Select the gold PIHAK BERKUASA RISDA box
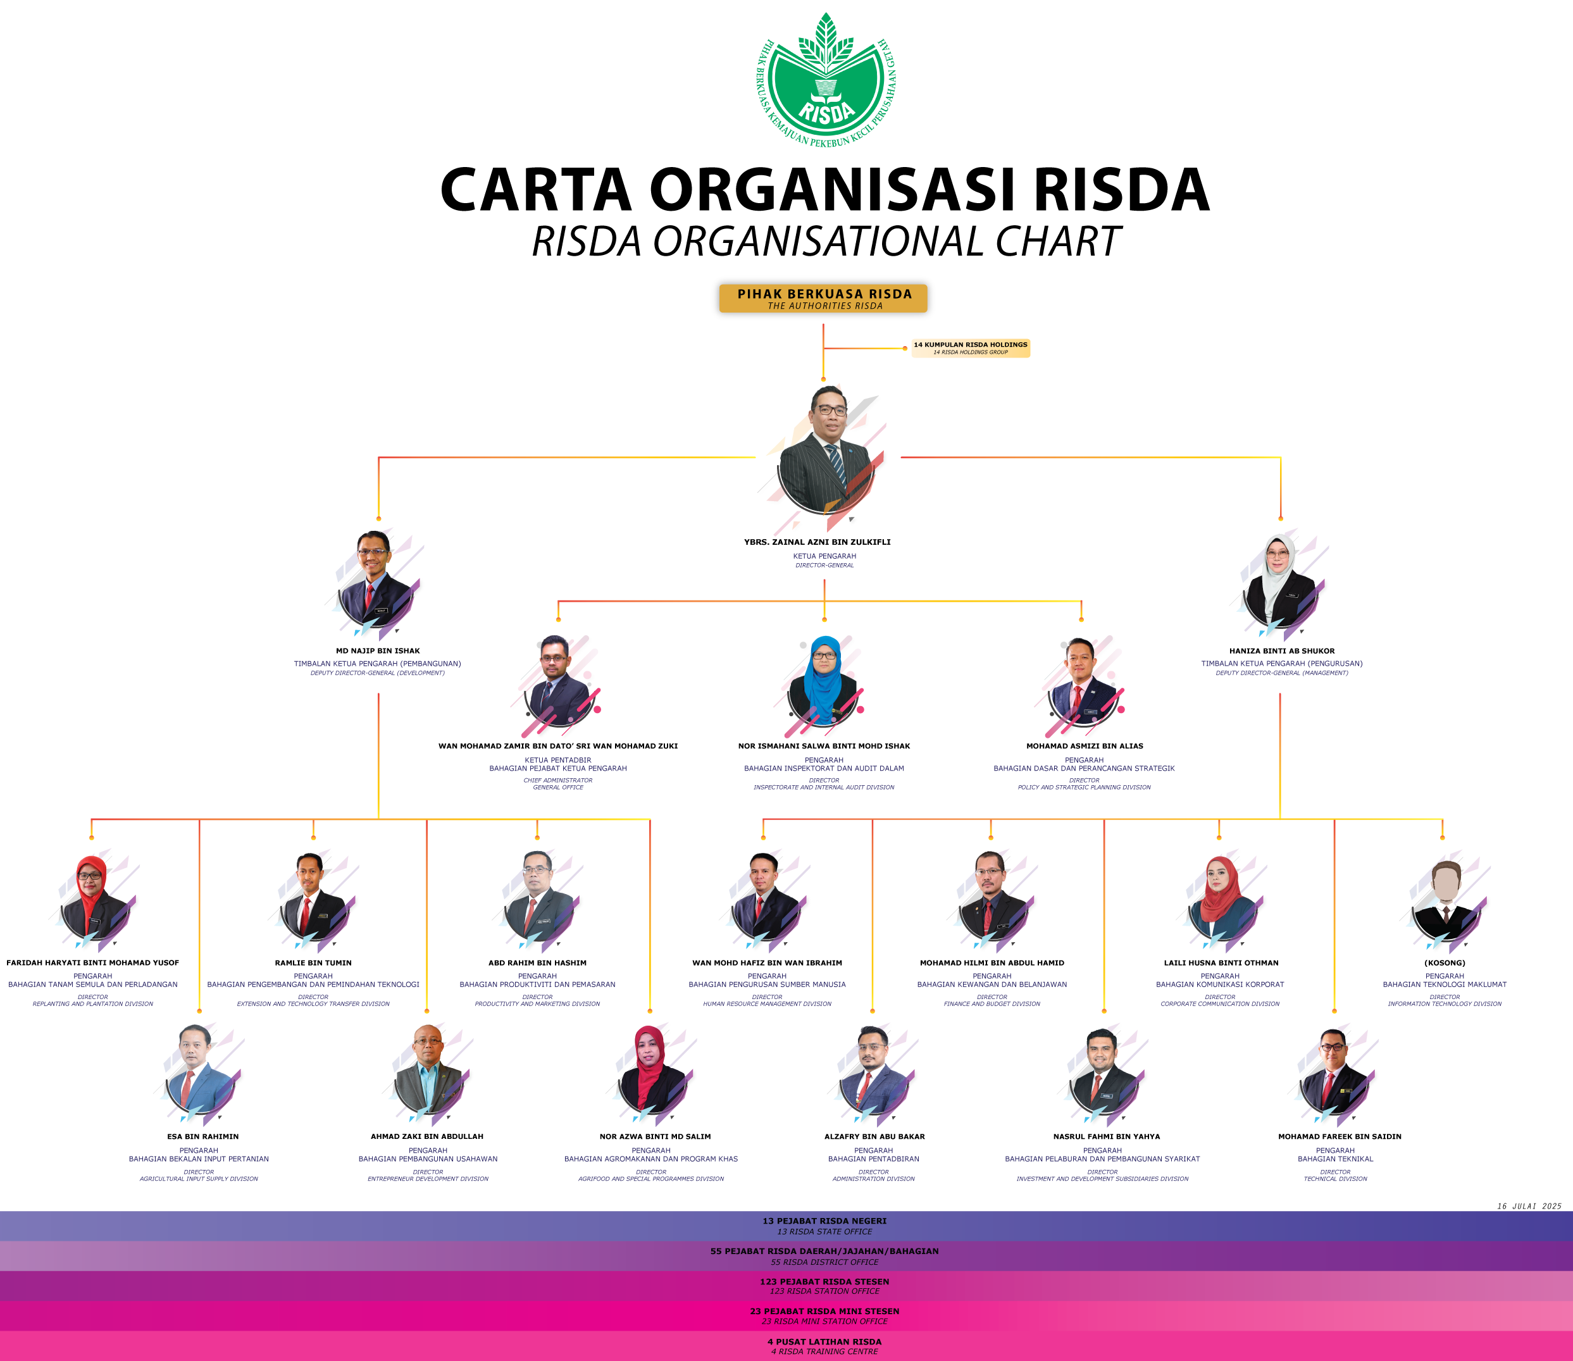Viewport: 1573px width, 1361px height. click(x=823, y=298)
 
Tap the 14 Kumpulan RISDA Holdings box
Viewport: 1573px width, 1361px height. click(x=970, y=348)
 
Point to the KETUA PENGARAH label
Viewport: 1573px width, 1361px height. click(x=824, y=556)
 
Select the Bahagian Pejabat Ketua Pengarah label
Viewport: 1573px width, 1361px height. click(x=557, y=769)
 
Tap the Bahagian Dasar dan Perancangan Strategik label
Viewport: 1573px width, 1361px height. click(x=1084, y=769)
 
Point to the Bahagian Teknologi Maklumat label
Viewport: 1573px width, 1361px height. click(x=1445, y=985)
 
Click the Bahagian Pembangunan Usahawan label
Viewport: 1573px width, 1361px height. click(x=428, y=1159)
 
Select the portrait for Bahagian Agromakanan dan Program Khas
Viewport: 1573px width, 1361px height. click(x=651, y=1072)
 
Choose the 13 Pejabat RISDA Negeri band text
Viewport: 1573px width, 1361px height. click(x=824, y=1221)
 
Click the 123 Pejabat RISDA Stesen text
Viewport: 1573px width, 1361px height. click(x=824, y=1281)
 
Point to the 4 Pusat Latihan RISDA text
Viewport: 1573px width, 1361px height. click(x=824, y=1341)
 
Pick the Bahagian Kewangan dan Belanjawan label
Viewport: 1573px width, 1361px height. click(x=992, y=985)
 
